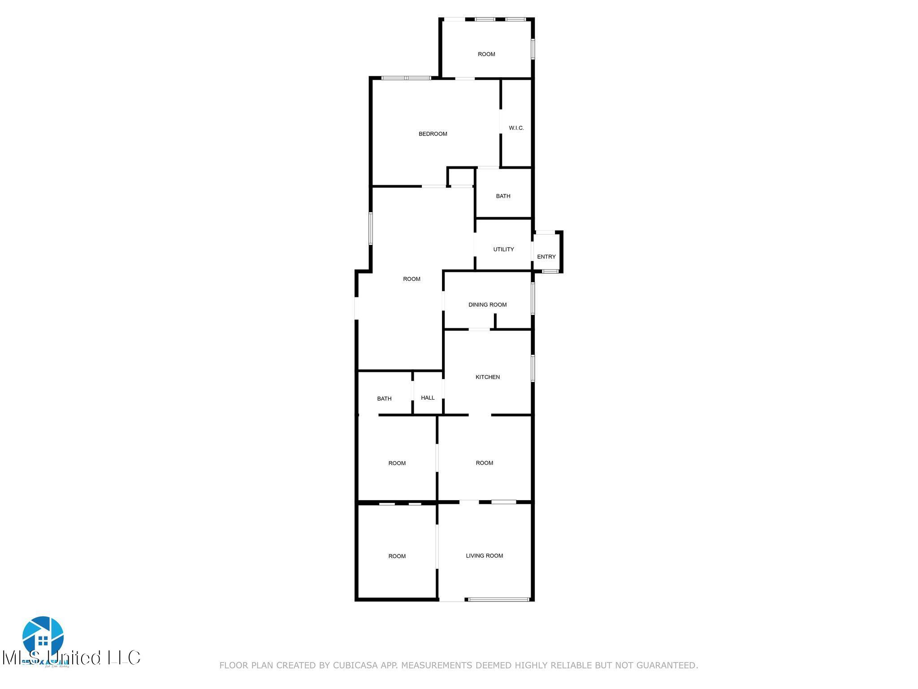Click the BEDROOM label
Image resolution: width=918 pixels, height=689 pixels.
433,134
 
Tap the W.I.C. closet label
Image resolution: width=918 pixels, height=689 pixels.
516,128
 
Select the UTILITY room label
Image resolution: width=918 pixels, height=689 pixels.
503,249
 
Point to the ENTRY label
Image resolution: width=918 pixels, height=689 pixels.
546,257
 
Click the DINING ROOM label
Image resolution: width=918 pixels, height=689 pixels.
487,305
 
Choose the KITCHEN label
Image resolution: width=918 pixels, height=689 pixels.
487,377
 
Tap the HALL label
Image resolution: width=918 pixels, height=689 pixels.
428,397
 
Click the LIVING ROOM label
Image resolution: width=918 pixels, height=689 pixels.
484,555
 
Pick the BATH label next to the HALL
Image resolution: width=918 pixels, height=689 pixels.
384,398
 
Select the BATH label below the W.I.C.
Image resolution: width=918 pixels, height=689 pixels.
503,196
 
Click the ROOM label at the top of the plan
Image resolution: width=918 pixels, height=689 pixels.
486,54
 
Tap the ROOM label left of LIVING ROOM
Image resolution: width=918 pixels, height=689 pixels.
397,556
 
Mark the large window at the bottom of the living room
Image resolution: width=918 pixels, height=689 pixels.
498,599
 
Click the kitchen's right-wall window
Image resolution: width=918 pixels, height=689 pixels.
533,368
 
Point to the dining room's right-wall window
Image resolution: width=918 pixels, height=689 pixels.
533,298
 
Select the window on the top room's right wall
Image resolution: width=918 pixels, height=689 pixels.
533,49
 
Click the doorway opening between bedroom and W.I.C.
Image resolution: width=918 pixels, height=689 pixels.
500,122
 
